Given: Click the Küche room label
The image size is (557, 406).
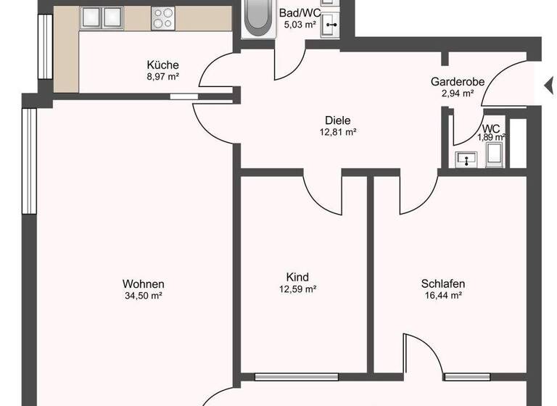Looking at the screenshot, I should (x=162, y=65).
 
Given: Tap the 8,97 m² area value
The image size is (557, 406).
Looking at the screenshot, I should (x=162, y=75).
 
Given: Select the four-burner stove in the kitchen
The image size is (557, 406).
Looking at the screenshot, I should (x=163, y=17).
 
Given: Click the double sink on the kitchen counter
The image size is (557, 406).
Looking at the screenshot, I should (x=102, y=16).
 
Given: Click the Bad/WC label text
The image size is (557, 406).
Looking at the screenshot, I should (x=300, y=13).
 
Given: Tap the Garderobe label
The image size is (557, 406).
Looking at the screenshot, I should (x=457, y=82).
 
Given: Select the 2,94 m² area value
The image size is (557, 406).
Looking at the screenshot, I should (x=457, y=93).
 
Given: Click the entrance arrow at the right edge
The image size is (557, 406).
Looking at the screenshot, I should (x=548, y=86).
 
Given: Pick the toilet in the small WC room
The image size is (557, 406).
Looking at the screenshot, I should (x=495, y=154).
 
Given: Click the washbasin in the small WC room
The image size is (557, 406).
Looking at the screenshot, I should (x=463, y=159).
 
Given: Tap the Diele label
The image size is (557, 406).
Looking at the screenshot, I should (x=334, y=121).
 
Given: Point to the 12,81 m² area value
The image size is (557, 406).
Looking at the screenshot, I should (x=334, y=132).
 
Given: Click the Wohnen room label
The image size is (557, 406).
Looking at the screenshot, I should (x=143, y=283).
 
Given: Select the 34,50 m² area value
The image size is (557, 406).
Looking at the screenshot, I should (x=143, y=295).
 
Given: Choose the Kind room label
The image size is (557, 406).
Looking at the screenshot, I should (x=297, y=277).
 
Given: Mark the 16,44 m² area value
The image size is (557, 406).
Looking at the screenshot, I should (x=442, y=295).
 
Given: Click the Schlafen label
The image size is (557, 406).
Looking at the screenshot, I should (x=442, y=283).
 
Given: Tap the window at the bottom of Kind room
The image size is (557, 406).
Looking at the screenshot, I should (x=297, y=376).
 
